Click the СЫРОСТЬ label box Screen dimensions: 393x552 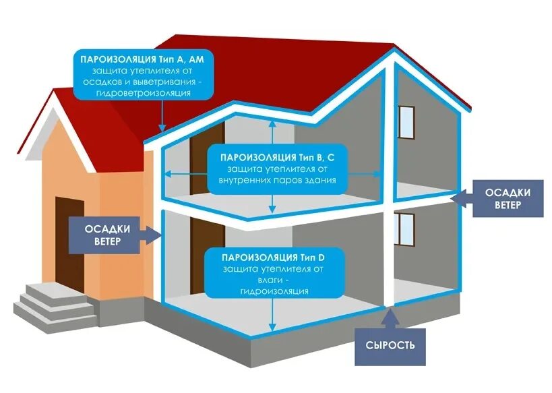pyautogui.click(x=390, y=346)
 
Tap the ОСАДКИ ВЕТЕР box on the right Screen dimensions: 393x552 pyautogui.click(x=506, y=198)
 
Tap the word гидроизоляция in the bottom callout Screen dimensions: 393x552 pyautogui.click(x=274, y=291)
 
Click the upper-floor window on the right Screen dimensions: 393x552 pyautogui.click(x=406, y=122)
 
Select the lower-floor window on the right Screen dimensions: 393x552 pyautogui.click(x=404, y=229)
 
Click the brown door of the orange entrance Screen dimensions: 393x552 pyautogui.click(x=70, y=244)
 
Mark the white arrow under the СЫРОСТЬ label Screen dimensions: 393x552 pyautogui.click(x=389, y=315)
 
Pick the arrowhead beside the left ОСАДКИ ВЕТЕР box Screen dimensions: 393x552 pyautogui.click(x=156, y=234)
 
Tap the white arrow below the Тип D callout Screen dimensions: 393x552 pyautogui.click(x=273, y=313)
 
